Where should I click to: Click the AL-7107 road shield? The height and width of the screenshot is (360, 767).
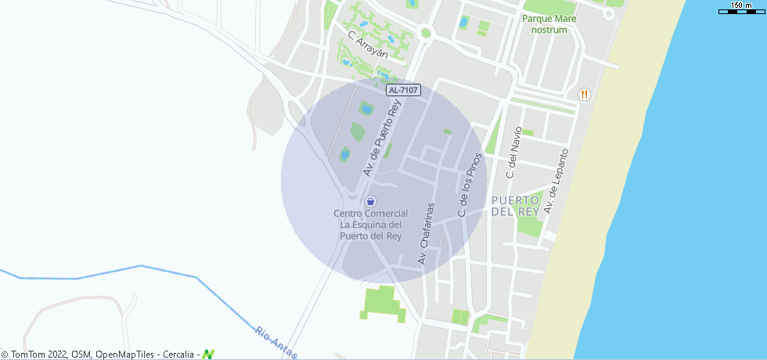[x=404, y=91]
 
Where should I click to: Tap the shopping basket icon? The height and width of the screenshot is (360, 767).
[x=371, y=201]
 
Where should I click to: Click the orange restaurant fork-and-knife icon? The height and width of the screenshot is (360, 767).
[x=584, y=94]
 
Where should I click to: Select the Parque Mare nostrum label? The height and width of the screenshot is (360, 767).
[x=549, y=23]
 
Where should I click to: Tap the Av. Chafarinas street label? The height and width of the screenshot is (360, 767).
[x=426, y=233]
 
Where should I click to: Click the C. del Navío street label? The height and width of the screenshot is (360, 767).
[x=513, y=153]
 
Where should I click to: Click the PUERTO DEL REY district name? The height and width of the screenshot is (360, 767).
[x=517, y=206]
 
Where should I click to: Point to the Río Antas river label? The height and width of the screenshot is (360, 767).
[x=276, y=343]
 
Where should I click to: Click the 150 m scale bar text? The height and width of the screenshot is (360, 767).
[x=742, y=5]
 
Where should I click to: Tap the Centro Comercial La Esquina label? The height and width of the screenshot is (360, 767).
[x=371, y=224]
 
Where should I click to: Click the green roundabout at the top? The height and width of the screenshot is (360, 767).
[x=426, y=33]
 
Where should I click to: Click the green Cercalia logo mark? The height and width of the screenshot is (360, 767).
[x=208, y=355]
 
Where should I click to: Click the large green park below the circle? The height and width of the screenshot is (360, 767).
[x=383, y=303]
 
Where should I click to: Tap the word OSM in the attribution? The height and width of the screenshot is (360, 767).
[x=81, y=355]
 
